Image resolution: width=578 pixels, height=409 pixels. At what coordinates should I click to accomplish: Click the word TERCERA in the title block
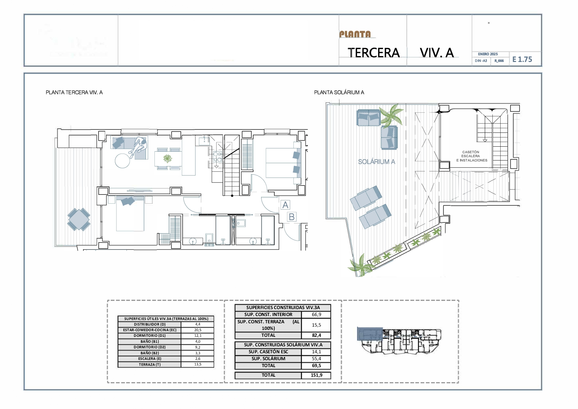[373, 53]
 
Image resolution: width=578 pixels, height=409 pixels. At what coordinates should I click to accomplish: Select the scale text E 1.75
[522, 59]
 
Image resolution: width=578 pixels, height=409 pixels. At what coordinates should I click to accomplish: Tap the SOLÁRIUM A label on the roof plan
[376, 162]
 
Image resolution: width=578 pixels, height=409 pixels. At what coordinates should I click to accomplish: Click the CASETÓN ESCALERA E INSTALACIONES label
[471, 156]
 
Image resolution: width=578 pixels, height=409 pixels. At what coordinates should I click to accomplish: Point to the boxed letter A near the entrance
[285, 205]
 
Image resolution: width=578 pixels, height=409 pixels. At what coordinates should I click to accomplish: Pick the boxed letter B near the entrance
[291, 217]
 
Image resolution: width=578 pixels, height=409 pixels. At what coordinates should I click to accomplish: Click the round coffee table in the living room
[123, 161]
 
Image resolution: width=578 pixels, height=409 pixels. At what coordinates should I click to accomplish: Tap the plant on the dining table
[168, 159]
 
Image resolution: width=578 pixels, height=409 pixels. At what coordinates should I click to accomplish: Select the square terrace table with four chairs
[79, 219]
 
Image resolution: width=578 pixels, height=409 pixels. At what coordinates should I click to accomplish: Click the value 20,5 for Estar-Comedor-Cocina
[198, 330]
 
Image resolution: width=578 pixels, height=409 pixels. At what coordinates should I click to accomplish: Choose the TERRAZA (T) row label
[150, 365]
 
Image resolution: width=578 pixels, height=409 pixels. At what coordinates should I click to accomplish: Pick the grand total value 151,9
[316, 375]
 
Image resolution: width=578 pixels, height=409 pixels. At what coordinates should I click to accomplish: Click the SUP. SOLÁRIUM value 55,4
[316, 359]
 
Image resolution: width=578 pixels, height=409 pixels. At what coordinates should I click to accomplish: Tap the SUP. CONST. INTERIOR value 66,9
[316, 314]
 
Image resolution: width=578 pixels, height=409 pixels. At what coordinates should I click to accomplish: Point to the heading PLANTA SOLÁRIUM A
[339, 93]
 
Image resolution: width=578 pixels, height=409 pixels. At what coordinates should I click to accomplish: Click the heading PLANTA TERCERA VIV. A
[74, 93]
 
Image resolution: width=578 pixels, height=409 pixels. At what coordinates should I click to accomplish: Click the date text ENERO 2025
[488, 54]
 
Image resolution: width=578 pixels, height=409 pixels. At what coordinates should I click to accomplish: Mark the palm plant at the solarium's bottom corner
[360, 266]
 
